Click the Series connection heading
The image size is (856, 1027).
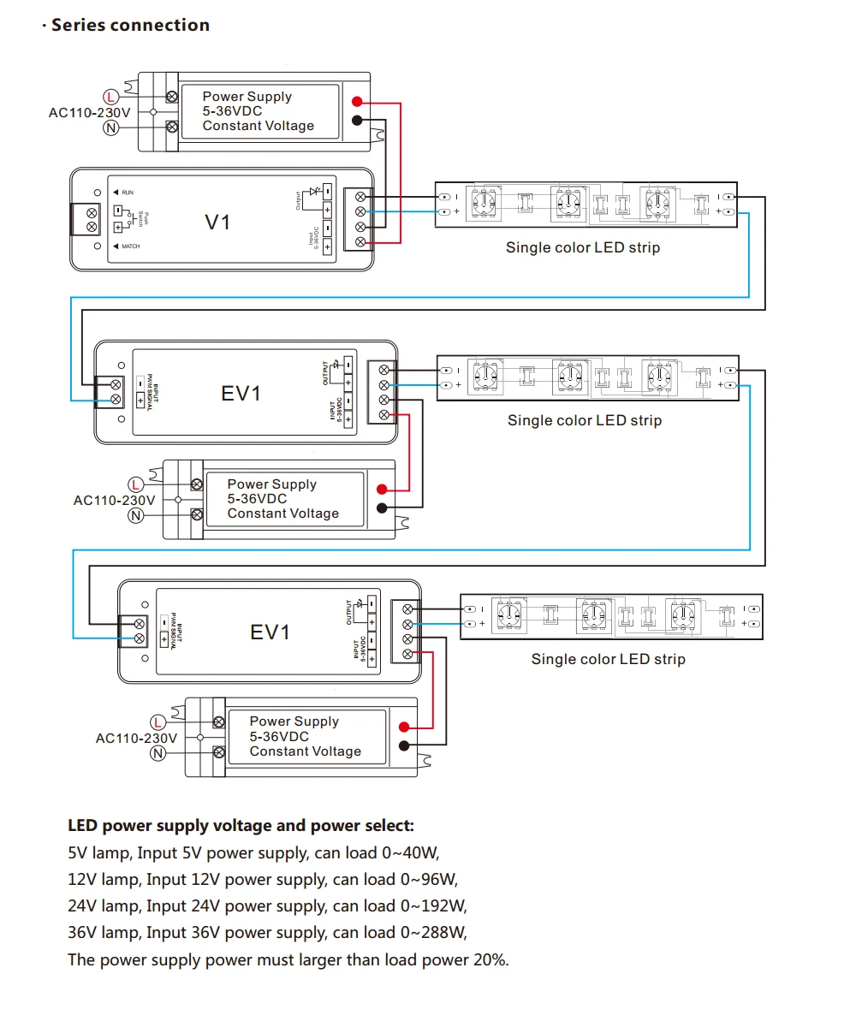tap(130, 25)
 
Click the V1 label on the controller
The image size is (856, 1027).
tap(217, 223)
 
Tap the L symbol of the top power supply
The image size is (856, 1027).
tap(111, 96)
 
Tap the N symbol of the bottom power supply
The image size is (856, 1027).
tap(158, 753)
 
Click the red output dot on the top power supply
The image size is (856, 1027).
tap(357, 102)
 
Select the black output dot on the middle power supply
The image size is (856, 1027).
tap(382, 508)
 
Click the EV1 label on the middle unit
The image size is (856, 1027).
tap(241, 394)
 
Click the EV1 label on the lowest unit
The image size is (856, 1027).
tap(270, 632)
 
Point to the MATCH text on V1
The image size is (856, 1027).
tap(130, 246)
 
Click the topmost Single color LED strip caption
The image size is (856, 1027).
tap(583, 247)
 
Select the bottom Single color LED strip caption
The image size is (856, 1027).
tap(608, 659)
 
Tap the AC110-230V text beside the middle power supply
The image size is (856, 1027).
tap(114, 500)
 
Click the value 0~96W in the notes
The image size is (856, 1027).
tap(429, 879)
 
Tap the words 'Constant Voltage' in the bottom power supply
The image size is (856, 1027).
tap(305, 751)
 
